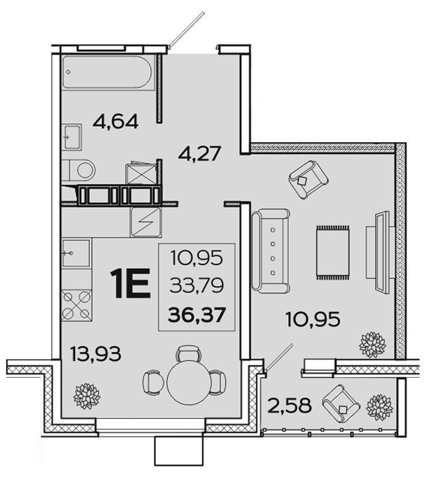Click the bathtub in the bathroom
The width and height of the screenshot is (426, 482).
coord(108,73)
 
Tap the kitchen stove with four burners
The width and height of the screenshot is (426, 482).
coord(77,305)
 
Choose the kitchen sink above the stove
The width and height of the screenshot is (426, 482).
coord(76,254)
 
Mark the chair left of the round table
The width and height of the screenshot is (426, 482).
coord(152,380)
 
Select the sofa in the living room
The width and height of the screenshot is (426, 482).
coord(271,251)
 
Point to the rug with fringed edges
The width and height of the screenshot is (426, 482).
coord(332,252)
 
